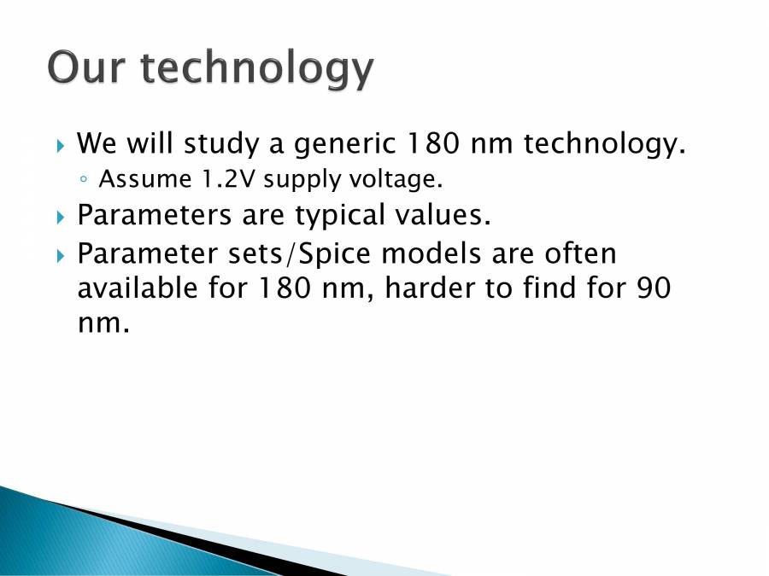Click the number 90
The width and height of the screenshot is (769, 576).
pos(651,288)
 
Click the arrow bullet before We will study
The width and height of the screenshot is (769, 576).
pos(61,147)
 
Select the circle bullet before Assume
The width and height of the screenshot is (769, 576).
pos(84,181)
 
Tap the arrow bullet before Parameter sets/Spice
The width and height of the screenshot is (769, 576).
pos(61,255)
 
